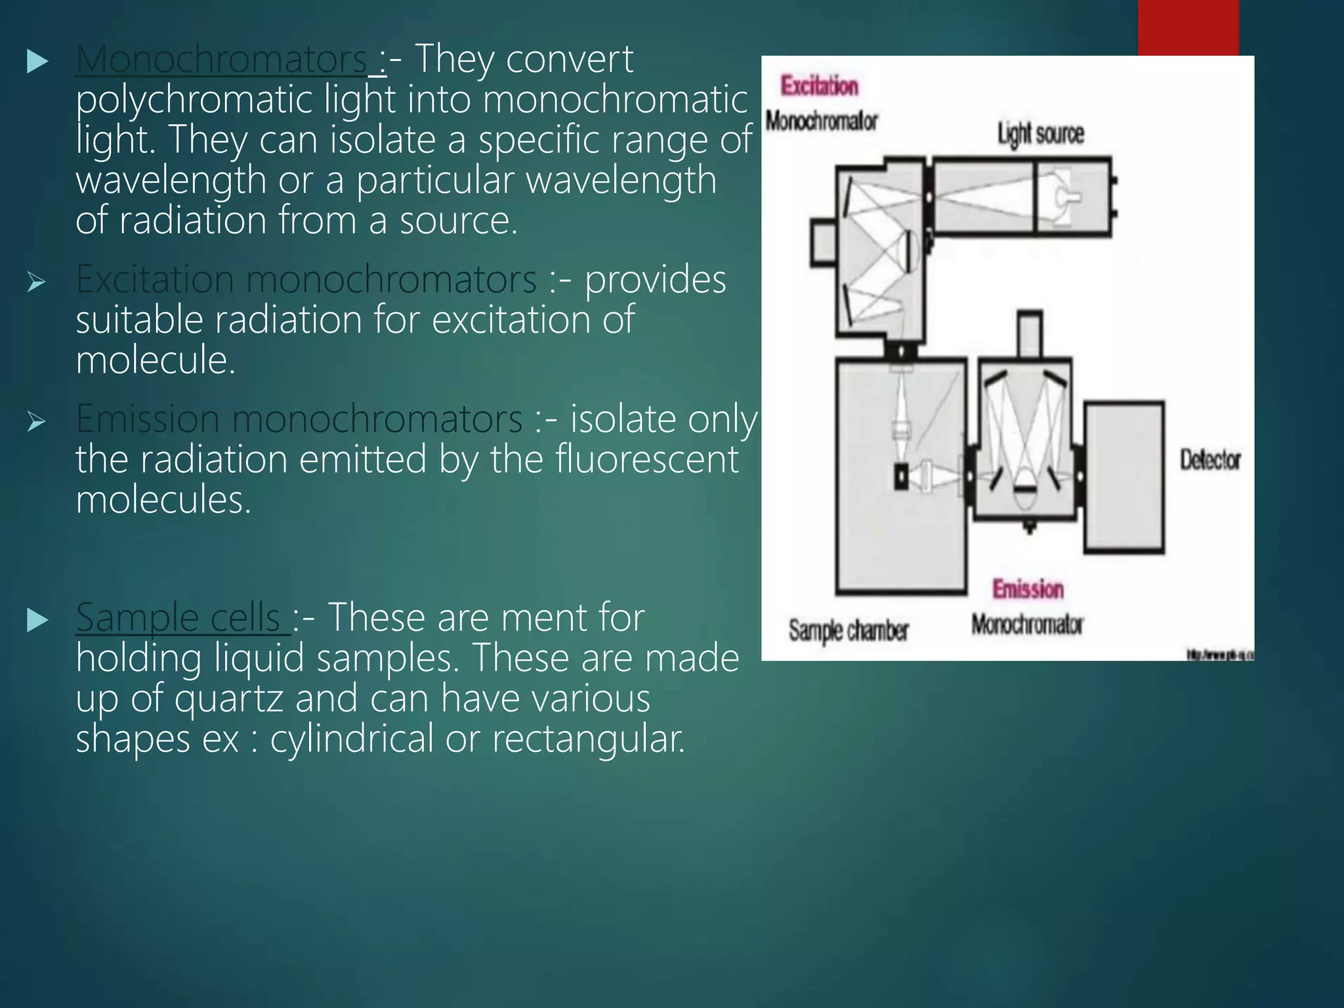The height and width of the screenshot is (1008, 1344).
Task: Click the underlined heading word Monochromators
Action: [x=221, y=60]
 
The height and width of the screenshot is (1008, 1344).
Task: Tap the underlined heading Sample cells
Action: [x=178, y=618]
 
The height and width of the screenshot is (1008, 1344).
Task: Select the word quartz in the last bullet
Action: [x=228, y=699]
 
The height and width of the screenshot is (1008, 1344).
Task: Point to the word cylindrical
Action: [x=352, y=739]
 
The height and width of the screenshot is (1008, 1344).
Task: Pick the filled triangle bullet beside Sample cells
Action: [x=37, y=620]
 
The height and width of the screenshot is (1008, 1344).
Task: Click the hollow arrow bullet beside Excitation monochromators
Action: [x=37, y=283]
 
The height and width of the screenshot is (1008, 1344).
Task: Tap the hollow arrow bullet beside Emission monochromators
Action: [x=37, y=422]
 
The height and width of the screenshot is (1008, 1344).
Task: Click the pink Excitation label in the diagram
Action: [x=819, y=86]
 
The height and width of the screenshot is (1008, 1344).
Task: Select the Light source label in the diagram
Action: [x=1041, y=133]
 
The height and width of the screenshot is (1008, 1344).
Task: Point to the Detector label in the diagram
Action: [x=1210, y=460]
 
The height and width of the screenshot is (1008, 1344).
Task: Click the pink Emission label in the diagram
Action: [x=1028, y=589]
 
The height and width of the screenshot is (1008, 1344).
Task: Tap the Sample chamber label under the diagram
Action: [x=849, y=631]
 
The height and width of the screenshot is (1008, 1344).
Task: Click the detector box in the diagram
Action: [x=1123, y=477]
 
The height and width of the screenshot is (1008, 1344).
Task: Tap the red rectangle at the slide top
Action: [x=1188, y=28]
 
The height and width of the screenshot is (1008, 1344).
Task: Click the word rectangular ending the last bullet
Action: [x=589, y=739]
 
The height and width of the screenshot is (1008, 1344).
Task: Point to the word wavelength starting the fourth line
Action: [x=171, y=180]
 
